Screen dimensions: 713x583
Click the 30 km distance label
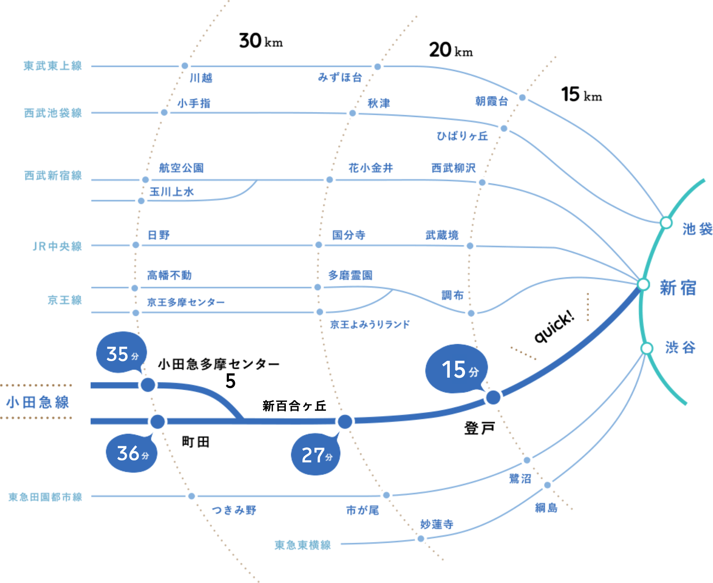click(261, 41)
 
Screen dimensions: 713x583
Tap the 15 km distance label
click(582, 94)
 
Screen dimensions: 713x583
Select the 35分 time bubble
click(122, 353)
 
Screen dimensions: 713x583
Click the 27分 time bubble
click(316, 454)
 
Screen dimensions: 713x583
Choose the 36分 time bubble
click(132, 453)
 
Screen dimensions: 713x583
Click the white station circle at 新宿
click(643, 284)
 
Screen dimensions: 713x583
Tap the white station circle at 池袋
click(666, 223)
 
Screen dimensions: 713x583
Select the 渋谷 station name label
click(680, 347)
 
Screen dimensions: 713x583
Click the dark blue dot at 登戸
click(493, 397)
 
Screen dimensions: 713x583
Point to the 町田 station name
click(196, 442)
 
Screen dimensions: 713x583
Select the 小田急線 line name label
click(38, 402)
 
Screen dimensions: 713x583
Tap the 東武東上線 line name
click(53, 66)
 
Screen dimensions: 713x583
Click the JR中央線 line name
click(57, 246)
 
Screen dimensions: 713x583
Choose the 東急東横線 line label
click(303, 545)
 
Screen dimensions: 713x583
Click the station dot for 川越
click(185, 66)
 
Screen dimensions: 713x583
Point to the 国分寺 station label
click(349, 235)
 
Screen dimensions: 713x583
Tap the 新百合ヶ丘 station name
click(295, 406)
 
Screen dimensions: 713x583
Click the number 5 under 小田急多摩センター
click(230, 381)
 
